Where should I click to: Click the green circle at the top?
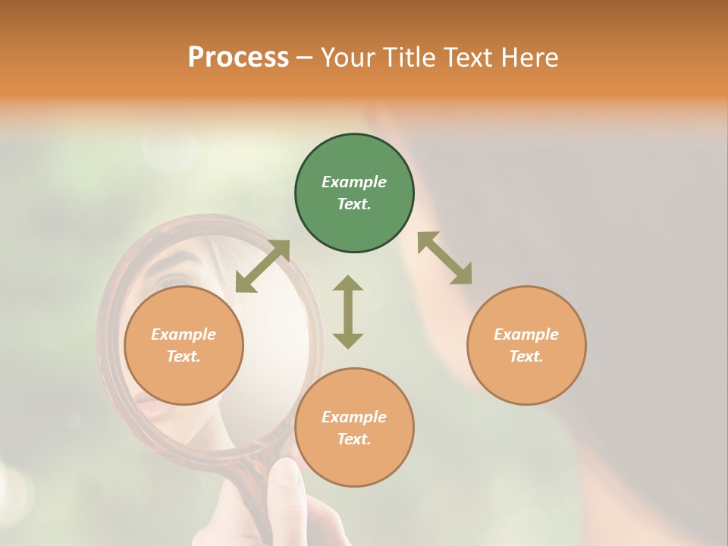tap(354, 193)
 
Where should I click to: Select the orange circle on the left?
tap(184, 346)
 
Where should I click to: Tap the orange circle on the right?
tap(526, 346)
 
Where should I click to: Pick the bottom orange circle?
tap(354, 428)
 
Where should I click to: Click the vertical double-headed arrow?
tap(348, 312)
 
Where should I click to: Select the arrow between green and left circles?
tap(262, 266)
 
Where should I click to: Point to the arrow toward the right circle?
tap(444, 258)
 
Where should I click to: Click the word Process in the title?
tap(238, 57)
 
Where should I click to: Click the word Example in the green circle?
tap(354, 182)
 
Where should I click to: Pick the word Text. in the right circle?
tap(526, 356)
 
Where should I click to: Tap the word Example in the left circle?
tap(184, 334)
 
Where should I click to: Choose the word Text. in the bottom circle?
tap(354, 439)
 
